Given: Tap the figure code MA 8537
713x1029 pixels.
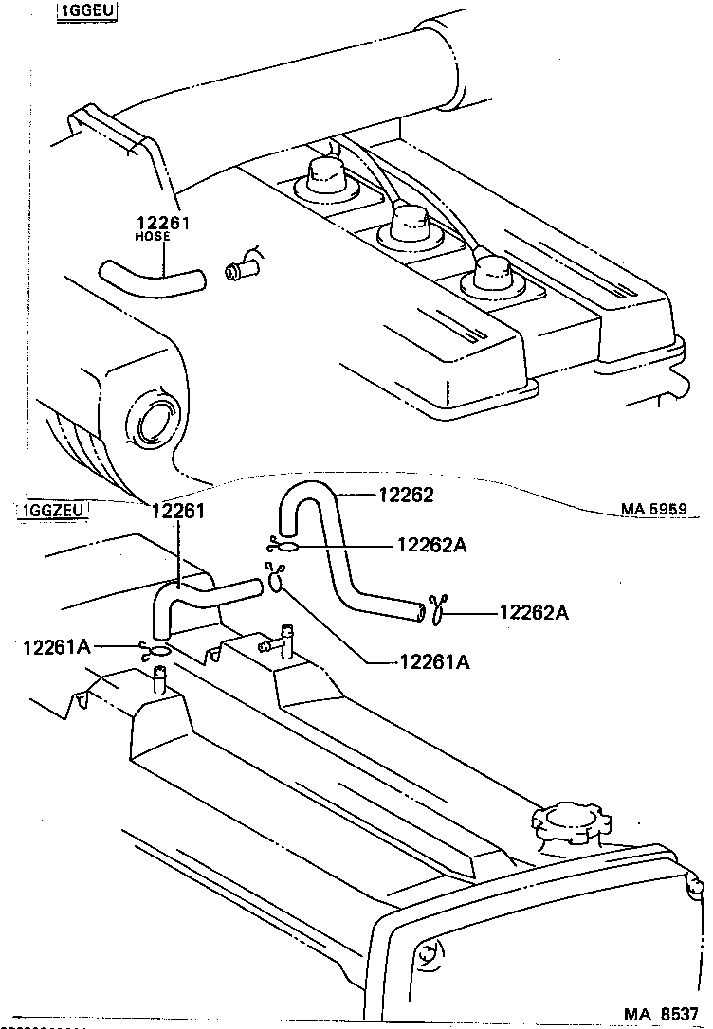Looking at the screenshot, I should click(x=662, y=1013).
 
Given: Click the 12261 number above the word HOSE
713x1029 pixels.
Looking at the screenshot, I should click(x=164, y=223).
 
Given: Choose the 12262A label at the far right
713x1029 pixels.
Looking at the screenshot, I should click(x=534, y=612).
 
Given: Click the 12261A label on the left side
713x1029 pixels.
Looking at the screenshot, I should click(x=58, y=646).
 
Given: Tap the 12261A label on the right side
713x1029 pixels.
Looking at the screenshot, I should click(x=434, y=662).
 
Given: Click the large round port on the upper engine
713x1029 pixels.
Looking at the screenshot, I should click(x=155, y=420).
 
